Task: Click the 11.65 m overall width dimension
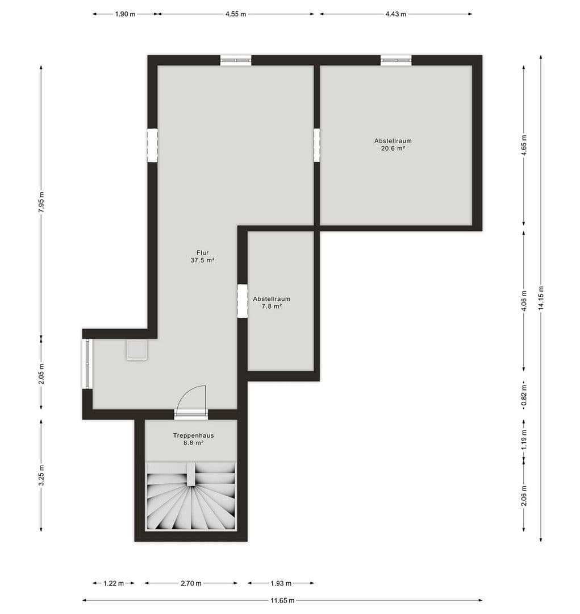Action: (282, 600)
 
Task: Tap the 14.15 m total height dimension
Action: (540, 296)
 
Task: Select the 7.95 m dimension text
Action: (41, 201)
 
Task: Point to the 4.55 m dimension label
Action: (235, 14)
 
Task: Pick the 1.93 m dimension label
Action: (281, 583)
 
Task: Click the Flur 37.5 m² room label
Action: (202, 256)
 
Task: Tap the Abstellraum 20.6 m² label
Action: (393, 144)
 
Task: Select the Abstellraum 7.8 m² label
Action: (272, 302)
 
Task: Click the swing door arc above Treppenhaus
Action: (193, 397)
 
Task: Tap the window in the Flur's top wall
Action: (236, 60)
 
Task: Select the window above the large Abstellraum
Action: (396, 60)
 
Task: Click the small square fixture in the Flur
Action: (137, 350)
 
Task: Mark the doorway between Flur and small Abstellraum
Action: (243, 301)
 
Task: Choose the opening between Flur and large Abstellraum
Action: (317, 145)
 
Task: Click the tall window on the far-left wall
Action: (87, 364)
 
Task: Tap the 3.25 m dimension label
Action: (41, 476)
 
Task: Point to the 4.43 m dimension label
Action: (395, 14)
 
